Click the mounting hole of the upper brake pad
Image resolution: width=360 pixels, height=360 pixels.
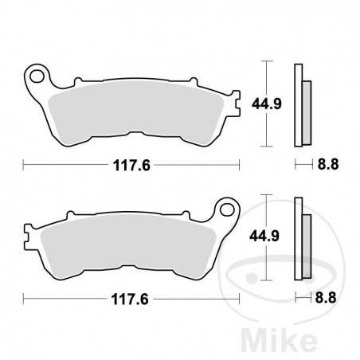[35, 77]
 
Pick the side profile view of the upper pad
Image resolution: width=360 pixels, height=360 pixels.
[300, 104]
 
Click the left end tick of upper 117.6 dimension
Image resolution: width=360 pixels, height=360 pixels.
[23, 165]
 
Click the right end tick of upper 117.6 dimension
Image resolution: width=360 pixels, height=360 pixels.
[240, 165]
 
